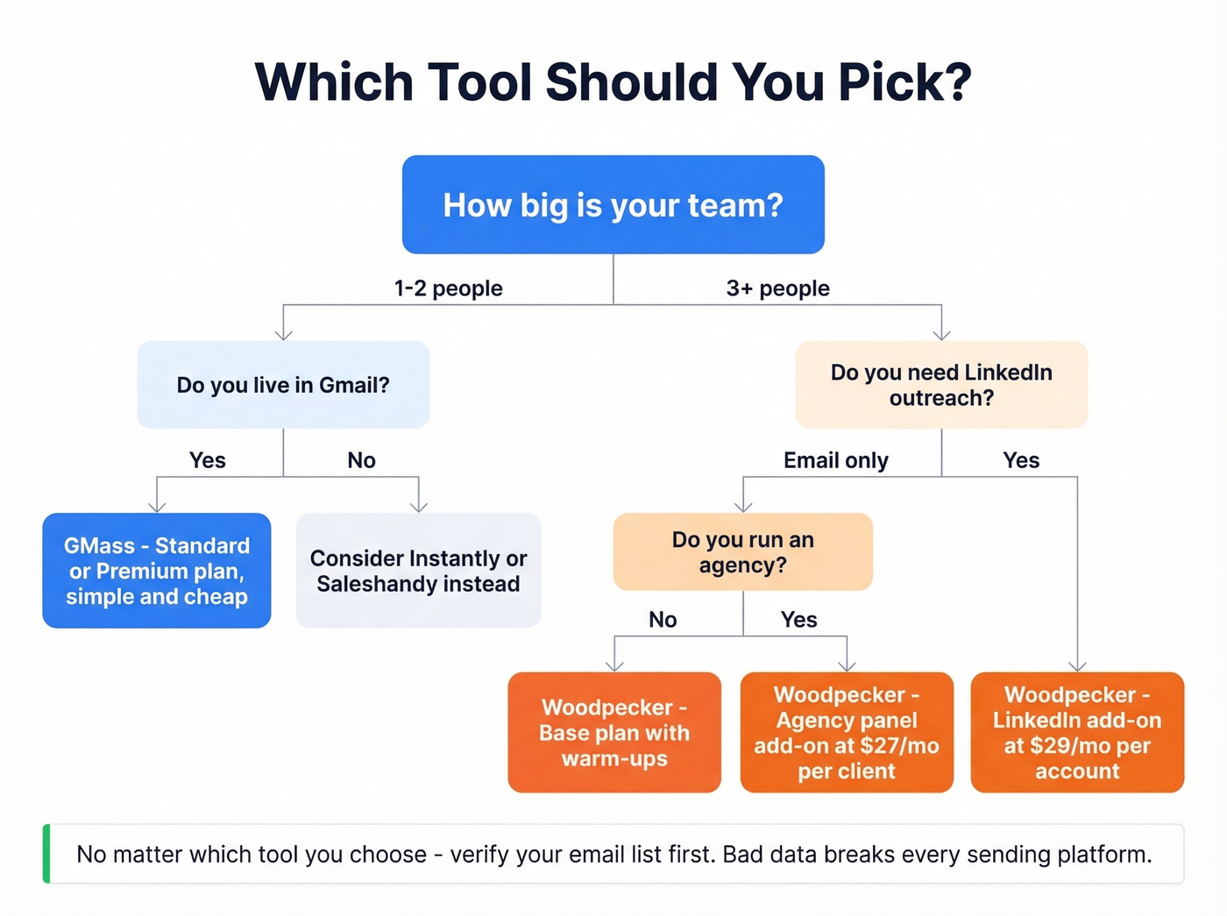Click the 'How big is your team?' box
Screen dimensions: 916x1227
[613, 205]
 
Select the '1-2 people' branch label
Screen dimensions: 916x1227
[448, 288]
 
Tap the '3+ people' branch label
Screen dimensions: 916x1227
[777, 288]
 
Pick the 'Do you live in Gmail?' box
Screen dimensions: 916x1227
[283, 385]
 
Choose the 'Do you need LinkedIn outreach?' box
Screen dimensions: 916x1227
[941, 385]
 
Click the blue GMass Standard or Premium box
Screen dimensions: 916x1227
[157, 571]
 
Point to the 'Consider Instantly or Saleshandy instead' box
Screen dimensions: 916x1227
[418, 571]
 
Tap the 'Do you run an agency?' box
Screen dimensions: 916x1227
[742, 552]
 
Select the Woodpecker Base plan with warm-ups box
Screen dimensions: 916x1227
[614, 733]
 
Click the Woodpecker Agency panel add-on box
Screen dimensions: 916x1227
[847, 733]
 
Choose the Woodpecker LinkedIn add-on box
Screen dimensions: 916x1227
[1077, 733]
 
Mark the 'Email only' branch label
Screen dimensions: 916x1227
[835, 460]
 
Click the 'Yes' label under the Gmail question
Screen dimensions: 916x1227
[208, 460]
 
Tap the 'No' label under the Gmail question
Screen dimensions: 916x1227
[361, 460]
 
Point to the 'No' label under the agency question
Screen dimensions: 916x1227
[663, 620]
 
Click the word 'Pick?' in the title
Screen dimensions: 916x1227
[904, 82]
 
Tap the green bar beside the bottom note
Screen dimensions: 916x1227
[46, 854]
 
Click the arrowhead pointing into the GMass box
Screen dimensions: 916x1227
[157, 506]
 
